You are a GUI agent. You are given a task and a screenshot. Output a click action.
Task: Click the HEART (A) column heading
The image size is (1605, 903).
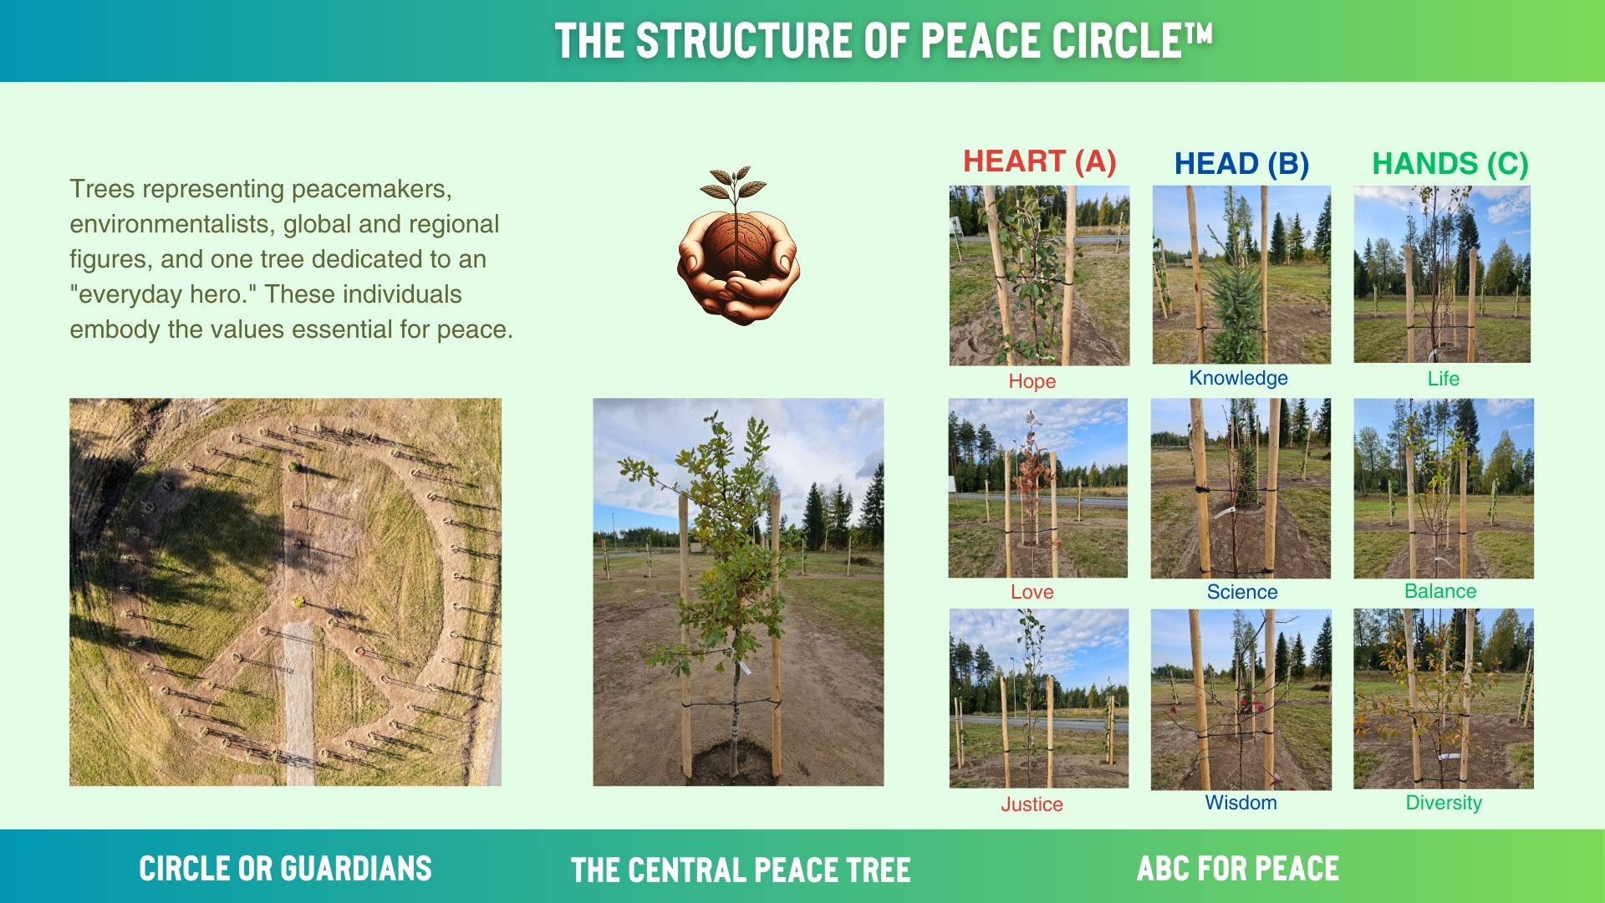pos(1039,161)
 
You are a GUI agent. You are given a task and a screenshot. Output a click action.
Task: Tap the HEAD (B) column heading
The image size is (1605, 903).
pos(1241,164)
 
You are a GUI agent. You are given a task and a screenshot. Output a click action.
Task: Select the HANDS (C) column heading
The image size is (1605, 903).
pos(1450,164)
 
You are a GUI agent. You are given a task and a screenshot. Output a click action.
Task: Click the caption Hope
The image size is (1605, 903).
pos(1032,381)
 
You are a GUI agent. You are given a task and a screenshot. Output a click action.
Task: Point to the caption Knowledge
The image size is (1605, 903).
pos(1239,378)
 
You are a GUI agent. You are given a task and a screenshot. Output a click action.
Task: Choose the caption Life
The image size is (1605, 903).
pos(1444,379)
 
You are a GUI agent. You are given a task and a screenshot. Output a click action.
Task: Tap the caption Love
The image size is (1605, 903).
pos(1032,592)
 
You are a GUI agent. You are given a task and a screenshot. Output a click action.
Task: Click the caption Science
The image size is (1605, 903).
pos(1242,592)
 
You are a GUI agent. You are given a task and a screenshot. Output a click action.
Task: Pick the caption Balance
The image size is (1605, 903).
pos(1440,591)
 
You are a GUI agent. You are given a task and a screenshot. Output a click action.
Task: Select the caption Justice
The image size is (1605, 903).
pos(1032,804)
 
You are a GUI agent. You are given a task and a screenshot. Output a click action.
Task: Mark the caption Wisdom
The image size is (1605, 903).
pos(1241,803)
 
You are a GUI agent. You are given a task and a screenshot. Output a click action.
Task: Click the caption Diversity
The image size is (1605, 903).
pos(1444,803)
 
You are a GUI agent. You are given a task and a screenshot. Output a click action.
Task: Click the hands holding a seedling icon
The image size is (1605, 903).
pos(737,246)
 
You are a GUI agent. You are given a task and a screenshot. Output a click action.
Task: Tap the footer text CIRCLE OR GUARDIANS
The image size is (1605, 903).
pos(285,869)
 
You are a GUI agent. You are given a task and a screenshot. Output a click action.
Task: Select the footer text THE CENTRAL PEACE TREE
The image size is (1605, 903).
pos(741,870)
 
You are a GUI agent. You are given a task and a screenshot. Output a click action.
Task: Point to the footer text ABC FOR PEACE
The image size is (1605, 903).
pos(1238,869)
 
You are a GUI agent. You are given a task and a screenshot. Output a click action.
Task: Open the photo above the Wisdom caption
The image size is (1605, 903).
pos(1241,699)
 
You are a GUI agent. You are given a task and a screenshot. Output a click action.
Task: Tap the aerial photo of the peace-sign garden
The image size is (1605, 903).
pos(285,592)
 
